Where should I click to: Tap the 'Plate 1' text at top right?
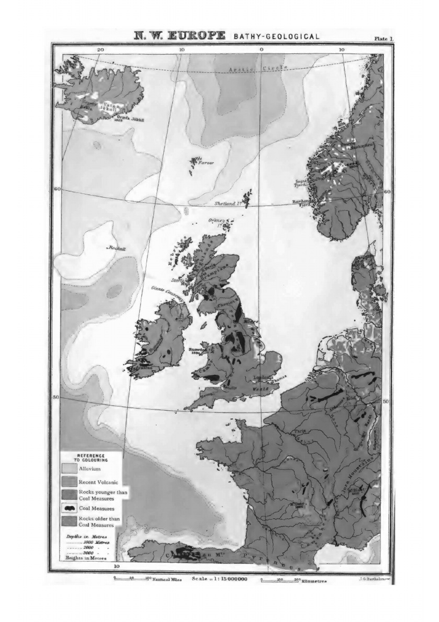click(x=384, y=39)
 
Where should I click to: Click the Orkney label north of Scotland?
click(x=218, y=222)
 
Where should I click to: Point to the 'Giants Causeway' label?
click(x=166, y=292)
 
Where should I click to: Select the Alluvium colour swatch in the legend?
click(x=69, y=469)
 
